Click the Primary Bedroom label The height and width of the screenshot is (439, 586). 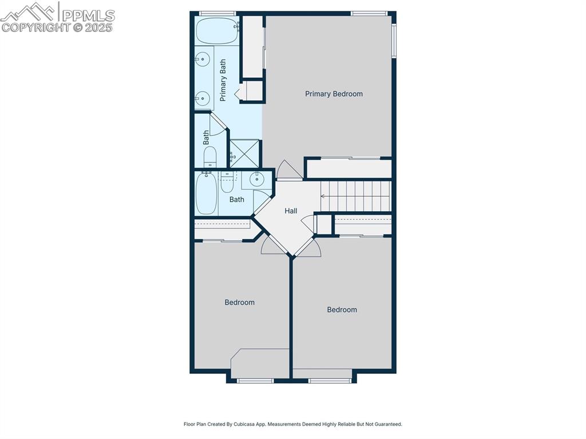334,94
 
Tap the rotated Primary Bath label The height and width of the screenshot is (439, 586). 223,80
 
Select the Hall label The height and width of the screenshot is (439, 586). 291,211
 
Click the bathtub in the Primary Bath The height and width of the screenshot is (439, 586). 217,31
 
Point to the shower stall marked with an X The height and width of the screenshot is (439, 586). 244,153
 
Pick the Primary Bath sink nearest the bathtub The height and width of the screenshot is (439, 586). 202,59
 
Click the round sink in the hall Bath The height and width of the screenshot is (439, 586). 257,179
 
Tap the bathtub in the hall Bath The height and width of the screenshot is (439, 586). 206,193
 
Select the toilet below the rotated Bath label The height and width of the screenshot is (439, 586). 210,157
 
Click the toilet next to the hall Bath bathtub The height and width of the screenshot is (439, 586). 227,182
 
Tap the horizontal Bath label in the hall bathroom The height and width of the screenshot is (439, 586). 236,200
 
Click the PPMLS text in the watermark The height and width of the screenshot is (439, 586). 88,15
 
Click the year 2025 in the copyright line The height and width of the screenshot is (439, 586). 98,27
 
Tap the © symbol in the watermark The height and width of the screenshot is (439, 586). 77,27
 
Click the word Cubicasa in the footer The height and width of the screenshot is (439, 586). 244,424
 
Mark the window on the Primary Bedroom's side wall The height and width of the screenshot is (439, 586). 394,41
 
